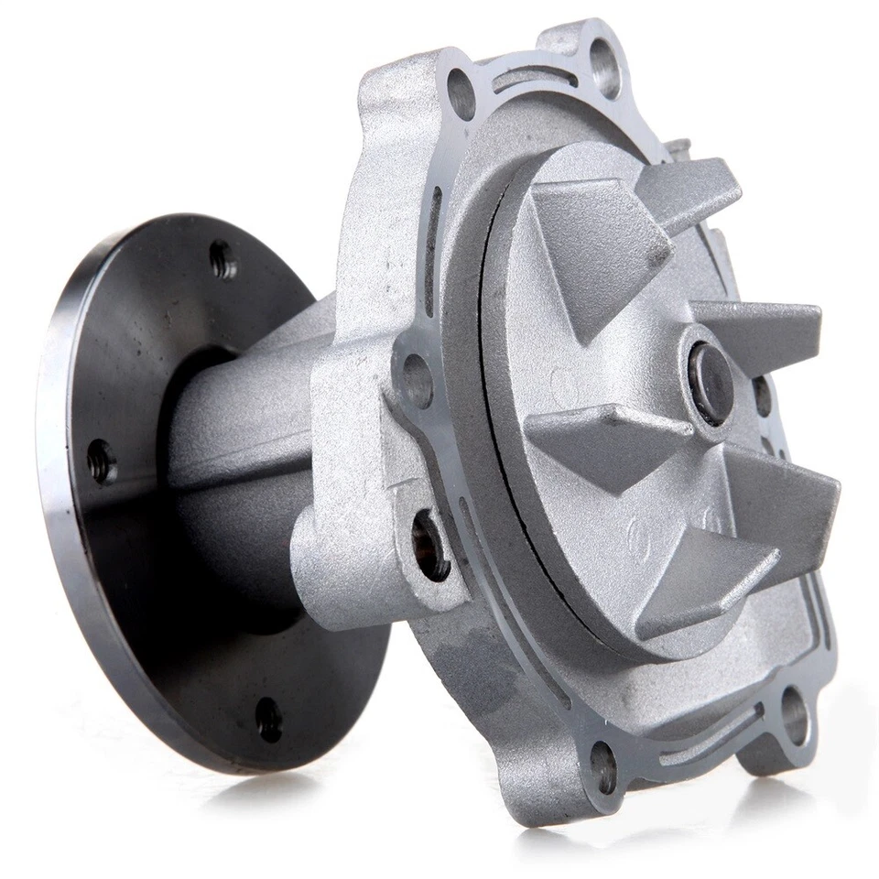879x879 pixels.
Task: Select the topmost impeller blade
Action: pos(689,188)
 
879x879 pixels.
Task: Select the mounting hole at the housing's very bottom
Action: pos(602,767)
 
